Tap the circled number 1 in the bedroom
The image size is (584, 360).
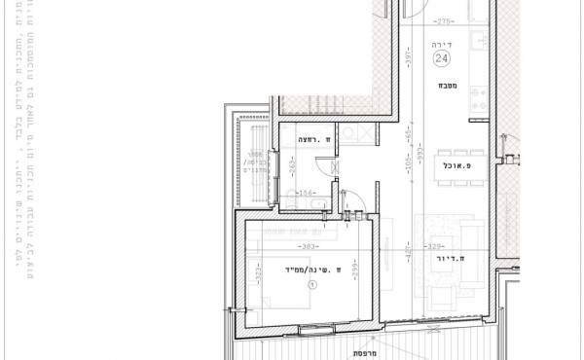click(311, 285)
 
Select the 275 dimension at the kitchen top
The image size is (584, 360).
click(446, 20)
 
